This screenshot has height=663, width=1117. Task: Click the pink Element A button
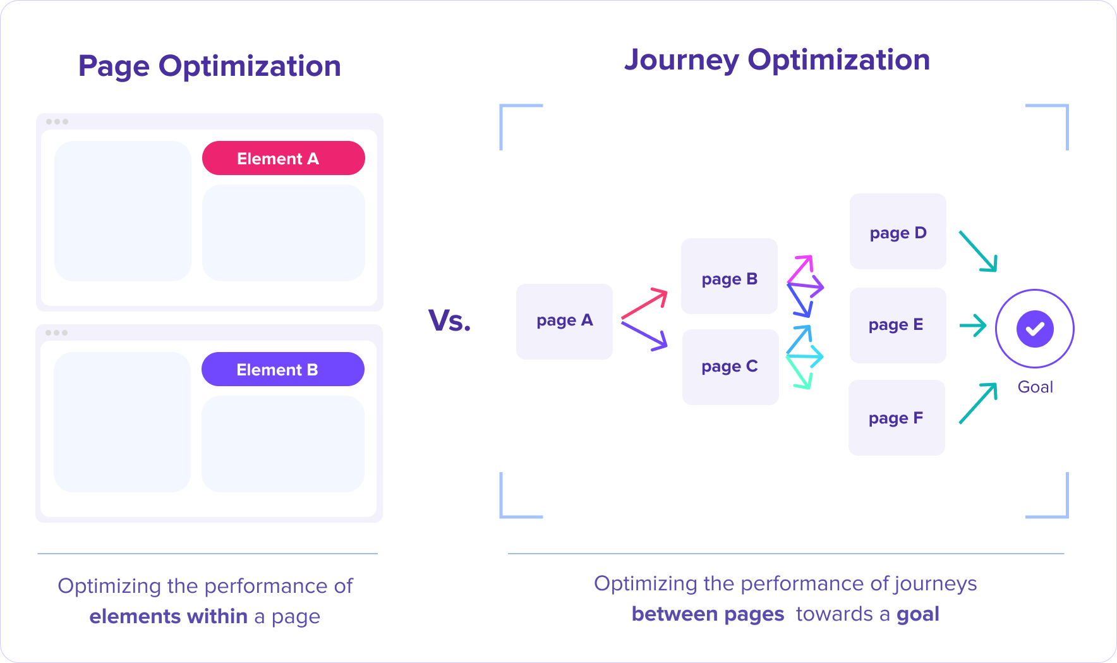coord(284,158)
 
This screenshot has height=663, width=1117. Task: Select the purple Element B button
coord(283,369)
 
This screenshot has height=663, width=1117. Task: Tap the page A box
coord(564,321)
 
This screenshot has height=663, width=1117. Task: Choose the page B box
coord(729,276)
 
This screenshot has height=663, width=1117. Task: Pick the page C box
coord(730,367)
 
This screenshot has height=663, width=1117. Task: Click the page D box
coord(898,231)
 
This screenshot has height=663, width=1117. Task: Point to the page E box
coord(898,325)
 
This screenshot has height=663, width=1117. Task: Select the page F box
coord(897,418)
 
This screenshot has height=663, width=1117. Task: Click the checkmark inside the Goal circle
coord(1035,329)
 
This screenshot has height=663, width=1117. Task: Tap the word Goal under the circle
coord(1035,387)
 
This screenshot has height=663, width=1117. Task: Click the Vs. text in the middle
coord(450,320)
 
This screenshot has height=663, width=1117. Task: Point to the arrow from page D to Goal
coord(978,252)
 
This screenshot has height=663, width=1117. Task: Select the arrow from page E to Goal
coord(973,326)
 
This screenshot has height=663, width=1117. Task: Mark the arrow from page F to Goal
coord(978,403)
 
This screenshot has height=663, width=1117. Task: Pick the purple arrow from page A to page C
coord(644,336)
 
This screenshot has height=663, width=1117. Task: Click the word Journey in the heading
coord(682,61)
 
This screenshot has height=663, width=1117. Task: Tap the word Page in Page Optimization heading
coord(114,66)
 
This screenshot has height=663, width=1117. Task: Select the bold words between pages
coord(708,614)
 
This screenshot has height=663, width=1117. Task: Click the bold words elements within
coord(168,616)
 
